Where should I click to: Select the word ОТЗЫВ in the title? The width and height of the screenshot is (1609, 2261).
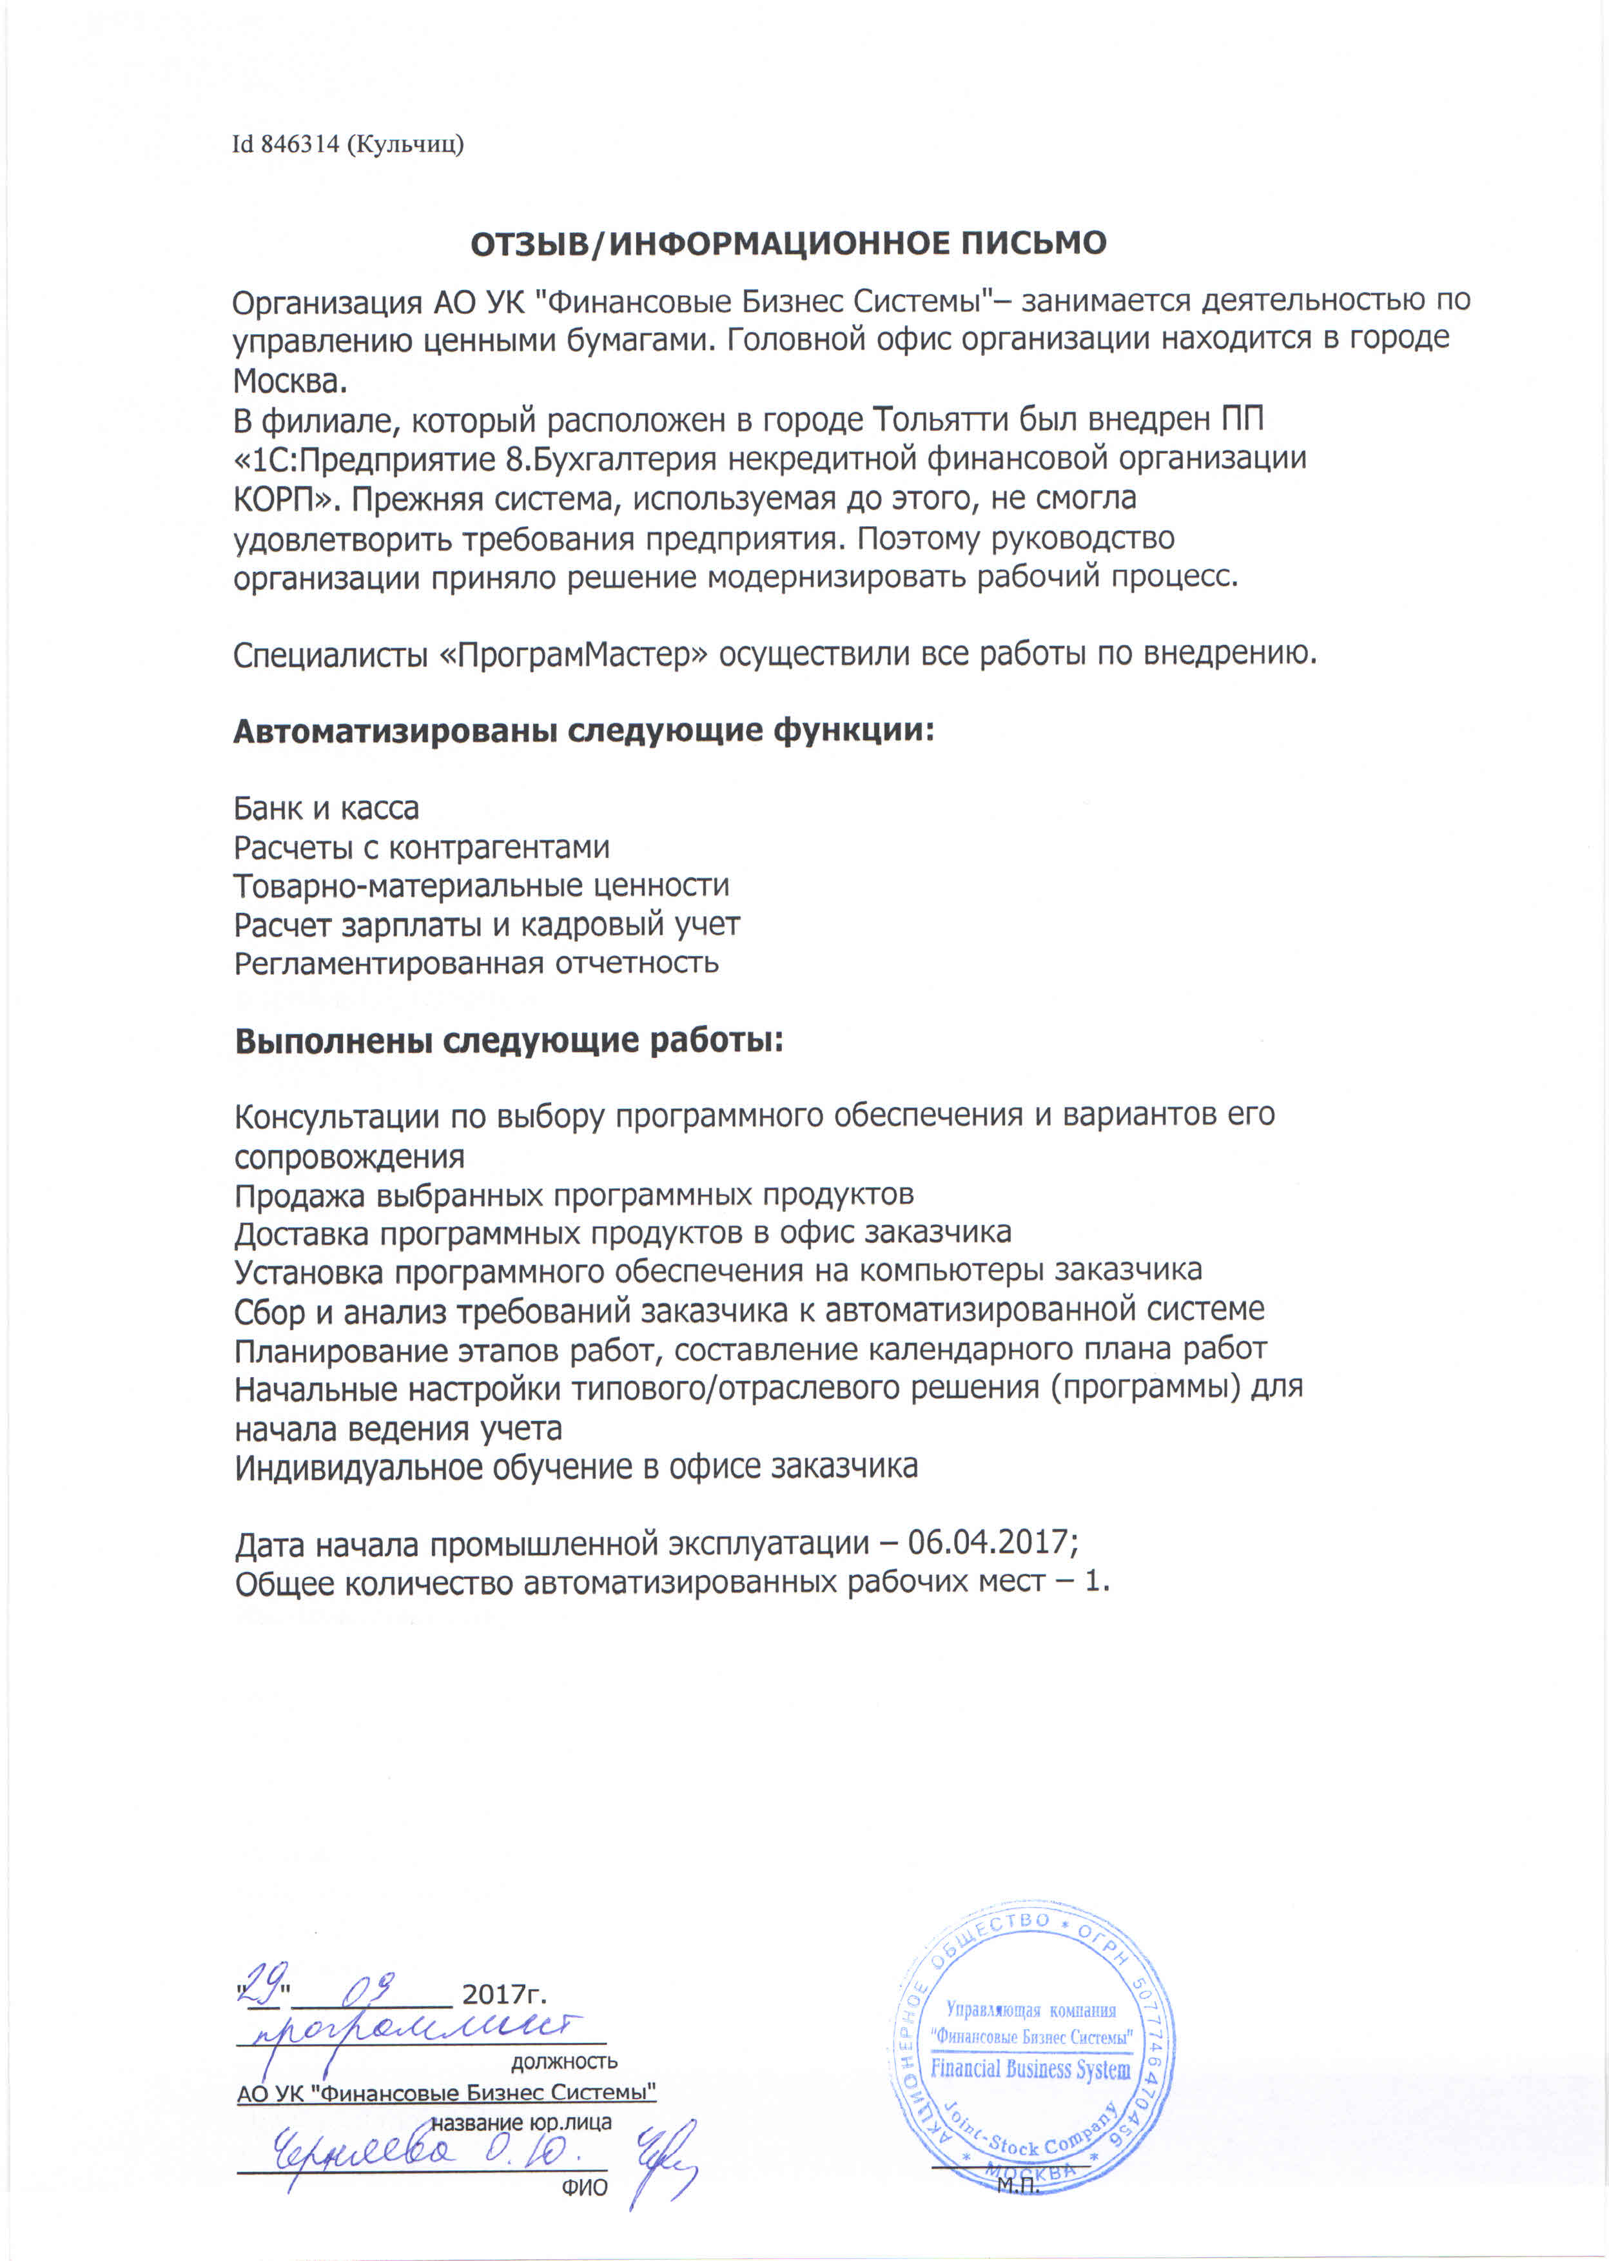click(528, 244)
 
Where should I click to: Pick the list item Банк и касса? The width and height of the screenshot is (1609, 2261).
click(326, 808)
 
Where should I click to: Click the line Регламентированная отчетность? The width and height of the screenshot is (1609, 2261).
click(476, 963)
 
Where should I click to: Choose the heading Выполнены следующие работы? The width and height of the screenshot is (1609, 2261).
click(508, 1041)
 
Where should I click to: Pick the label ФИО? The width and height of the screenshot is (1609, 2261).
click(585, 2187)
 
